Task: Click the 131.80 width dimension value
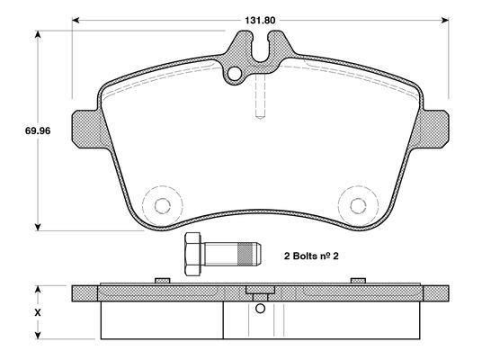coord(260,21)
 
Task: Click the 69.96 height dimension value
coord(38,130)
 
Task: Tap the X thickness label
coord(38,312)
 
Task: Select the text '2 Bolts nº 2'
coord(311,256)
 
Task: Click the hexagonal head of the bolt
coord(193,254)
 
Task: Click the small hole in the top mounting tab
coord(235,74)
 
